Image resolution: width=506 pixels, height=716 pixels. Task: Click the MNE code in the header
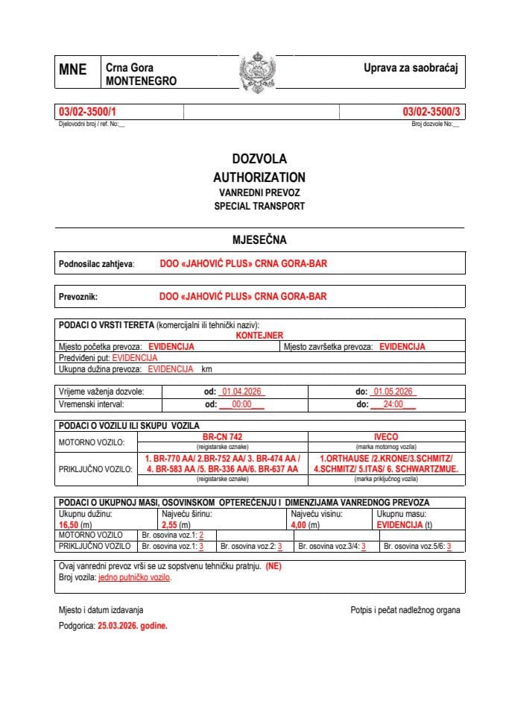click(x=73, y=70)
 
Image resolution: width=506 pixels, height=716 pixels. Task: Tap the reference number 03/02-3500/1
click(x=87, y=112)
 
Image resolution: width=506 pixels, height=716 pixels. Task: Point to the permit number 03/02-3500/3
click(x=431, y=112)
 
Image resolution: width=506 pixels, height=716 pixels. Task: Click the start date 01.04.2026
click(x=240, y=392)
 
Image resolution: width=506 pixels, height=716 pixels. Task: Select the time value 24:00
click(x=392, y=404)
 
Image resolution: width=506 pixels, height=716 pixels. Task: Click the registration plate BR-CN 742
click(x=222, y=436)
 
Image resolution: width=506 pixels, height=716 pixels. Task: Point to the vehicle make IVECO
click(x=386, y=436)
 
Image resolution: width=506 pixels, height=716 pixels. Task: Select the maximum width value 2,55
click(x=170, y=525)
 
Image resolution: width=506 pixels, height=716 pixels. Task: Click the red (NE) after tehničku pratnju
click(x=273, y=566)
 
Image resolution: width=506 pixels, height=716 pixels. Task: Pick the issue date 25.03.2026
click(x=121, y=626)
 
